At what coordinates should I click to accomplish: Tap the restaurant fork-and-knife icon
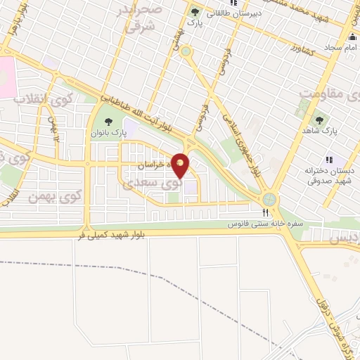pyautogui.click(x=266, y=212)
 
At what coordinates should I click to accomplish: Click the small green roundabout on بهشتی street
pyautogui.click(x=186, y=51)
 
